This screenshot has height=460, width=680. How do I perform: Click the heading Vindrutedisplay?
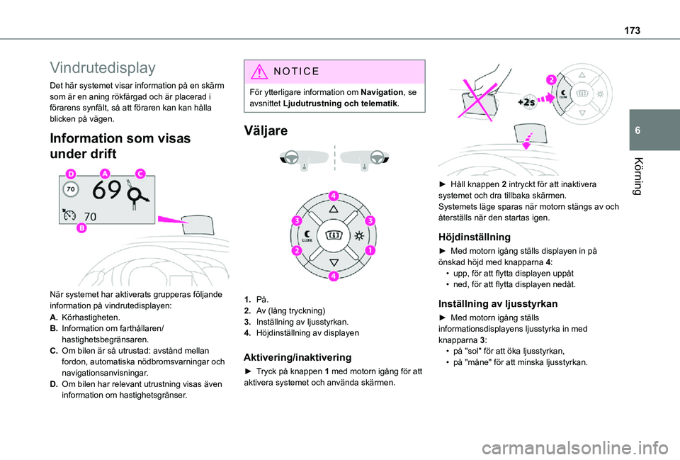[103, 68]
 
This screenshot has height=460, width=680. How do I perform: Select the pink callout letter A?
[106, 174]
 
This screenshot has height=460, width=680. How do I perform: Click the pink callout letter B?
[82, 228]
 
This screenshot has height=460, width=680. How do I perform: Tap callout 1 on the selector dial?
[371, 250]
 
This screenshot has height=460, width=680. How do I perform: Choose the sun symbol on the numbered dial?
[359, 235]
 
